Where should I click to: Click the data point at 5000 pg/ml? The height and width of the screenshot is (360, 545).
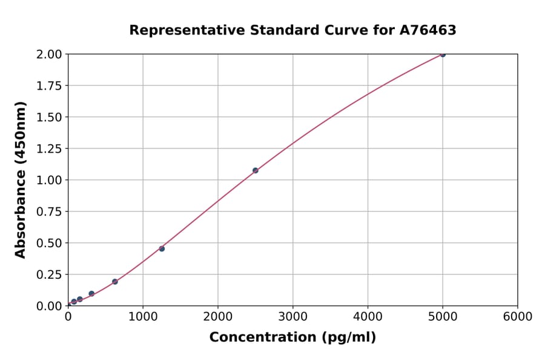coord(443,55)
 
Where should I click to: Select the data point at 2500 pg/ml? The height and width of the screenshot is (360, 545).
coord(255,170)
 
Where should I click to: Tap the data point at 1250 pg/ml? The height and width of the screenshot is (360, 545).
coord(162,248)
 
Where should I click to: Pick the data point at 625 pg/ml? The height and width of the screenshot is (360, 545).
coord(115,282)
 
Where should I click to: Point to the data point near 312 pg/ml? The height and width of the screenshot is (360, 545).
coord(91,293)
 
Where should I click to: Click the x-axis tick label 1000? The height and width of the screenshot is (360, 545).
coord(143,317)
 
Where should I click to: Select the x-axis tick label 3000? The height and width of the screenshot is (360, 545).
coord(292,317)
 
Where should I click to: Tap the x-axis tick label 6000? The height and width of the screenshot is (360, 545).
coord(517,317)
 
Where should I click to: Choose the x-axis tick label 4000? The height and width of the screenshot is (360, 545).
coord(368,317)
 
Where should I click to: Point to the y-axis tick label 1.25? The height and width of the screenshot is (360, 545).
coord(48,148)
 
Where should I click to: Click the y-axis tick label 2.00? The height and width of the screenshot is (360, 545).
coord(48,55)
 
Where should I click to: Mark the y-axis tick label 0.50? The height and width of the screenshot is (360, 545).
coord(48,243)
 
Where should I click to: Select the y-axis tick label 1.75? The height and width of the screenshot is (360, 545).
coord(48,86)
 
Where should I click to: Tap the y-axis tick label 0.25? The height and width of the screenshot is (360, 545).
coord(48,275)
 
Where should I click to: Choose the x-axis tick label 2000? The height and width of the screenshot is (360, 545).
coord(218,317)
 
